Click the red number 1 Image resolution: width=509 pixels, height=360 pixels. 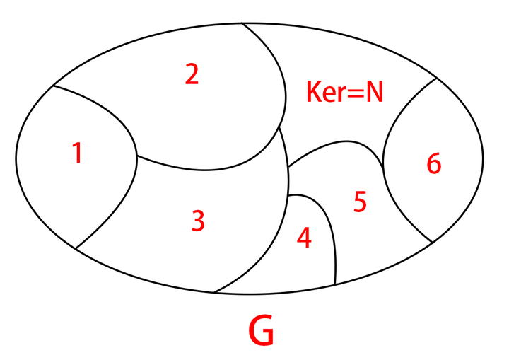[x=78, y=153]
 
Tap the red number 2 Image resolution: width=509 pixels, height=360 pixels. [x=192, y=74]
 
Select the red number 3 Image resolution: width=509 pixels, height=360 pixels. [x=199, y=221]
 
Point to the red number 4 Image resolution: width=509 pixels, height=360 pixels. [x=304, y=238]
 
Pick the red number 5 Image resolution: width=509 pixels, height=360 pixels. [x=360, y=202]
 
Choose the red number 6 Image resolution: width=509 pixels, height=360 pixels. [x=433, y=164]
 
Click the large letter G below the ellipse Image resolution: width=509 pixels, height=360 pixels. [x=262, y=331]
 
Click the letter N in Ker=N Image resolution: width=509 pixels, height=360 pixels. [x=374, y=92]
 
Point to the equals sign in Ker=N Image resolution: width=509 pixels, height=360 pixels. [x=354, y=93]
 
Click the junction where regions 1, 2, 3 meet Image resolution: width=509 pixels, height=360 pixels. [x=136, y=156]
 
